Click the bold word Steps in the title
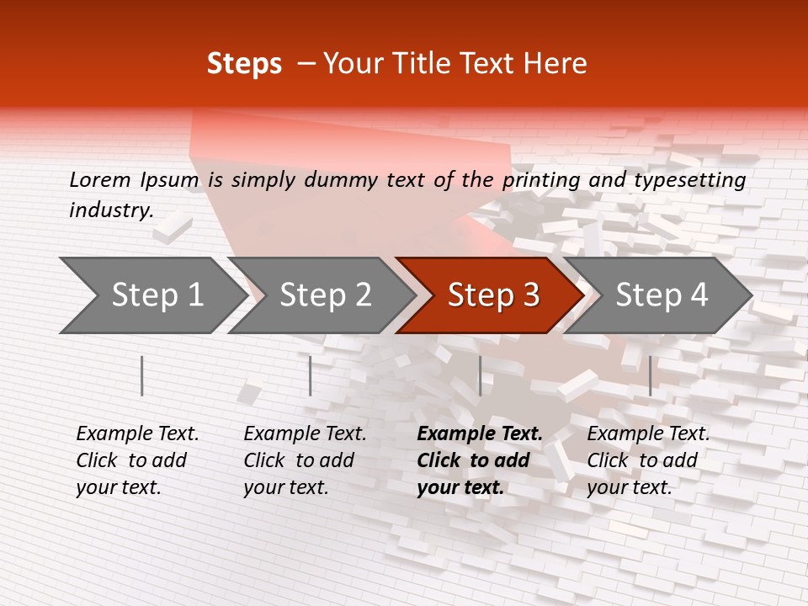click(244, 64)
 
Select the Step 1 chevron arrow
click(151, 295)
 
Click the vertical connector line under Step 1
click(142, 375)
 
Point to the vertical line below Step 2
click(311, 375)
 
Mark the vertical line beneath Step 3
click(480, 375)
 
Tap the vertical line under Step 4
click(650, 375)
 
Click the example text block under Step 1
click(137, 460)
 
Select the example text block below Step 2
click(305, 460)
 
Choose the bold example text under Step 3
click(480, 460)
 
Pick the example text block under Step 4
click(648, 460)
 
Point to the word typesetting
click(695, 180)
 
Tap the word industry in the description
click(111, 210)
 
